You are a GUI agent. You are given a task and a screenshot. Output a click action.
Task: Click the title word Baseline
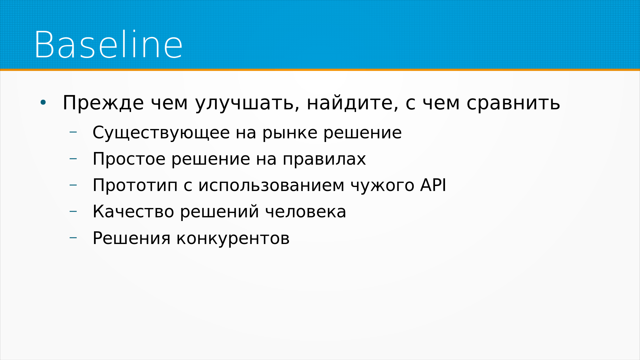[108, 45]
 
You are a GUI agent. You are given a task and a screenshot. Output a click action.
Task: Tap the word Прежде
[103, 103]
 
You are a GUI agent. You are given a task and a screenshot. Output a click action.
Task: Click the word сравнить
[513, 103]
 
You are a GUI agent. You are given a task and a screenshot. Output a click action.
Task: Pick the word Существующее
[161, 133]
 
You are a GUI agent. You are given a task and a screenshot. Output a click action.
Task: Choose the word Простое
[129, 159]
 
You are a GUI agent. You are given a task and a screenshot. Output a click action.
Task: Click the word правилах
[324, 160]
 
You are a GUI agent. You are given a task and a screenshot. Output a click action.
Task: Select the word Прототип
[135, 186]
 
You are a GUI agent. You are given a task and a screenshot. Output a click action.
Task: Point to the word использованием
[271, 186]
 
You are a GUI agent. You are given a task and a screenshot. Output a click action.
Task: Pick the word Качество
[133, 212]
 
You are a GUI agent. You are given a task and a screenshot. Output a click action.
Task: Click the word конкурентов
[233, 239]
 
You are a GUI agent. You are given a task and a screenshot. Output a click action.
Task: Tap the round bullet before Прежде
[43, 103]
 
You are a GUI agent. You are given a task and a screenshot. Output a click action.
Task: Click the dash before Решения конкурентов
[73, 238]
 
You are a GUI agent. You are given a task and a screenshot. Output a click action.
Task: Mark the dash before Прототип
[73, 185]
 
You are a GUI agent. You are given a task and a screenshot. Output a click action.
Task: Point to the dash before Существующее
[73, 132]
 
